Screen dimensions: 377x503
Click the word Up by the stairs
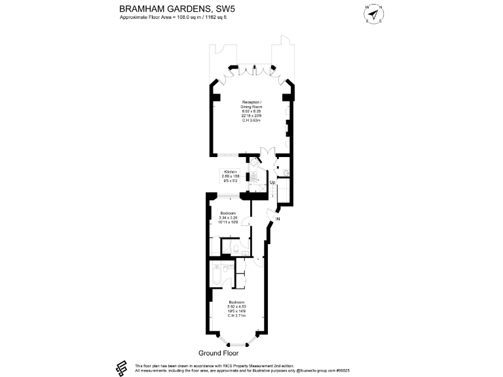click(272, 183)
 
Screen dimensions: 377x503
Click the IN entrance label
click(277, 219)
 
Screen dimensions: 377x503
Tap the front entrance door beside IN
click(272, 214)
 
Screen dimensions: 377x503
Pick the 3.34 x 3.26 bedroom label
click(228, 218)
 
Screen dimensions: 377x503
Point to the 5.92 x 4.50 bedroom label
click(236, 308)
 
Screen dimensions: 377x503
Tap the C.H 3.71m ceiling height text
click(236, 316)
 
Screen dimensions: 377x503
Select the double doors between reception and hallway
click(267, 154)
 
